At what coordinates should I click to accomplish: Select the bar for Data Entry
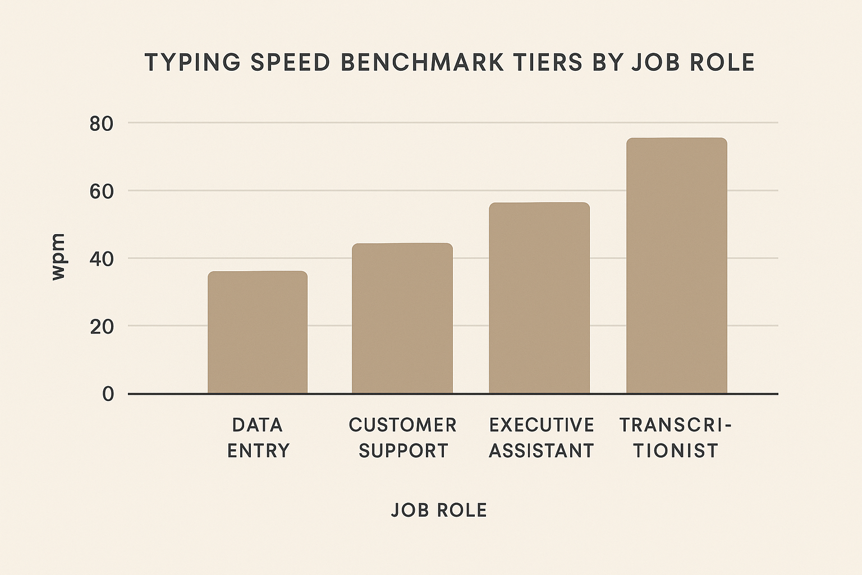pyautogui.click(x=258, y=332)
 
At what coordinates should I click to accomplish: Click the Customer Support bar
pyautogui.click(x=402, y=318)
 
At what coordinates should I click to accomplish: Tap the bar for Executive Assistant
pyautogui.click(x=539, y=298)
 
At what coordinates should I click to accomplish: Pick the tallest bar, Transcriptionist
pyautogui.click(x=676, y=266)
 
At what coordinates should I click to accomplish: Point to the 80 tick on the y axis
pyautogui.click(x=102, y=124)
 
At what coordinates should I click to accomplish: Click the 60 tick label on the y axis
pyautogui.click(x=102, y=191)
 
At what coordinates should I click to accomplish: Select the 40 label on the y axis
pyautogui.click(x=102, y=259)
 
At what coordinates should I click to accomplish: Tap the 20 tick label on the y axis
pyautogui.click(x=102, y=326)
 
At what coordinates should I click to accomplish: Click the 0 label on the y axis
pyautogui.click(x=108, y=394)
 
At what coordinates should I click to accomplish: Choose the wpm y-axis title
pyautogui.click(x=58, y=257)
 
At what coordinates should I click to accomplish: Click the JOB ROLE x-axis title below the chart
pyautogui.click(x=439, y=510)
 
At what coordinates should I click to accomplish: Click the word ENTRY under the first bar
pyautogui.click(x=258, y=450)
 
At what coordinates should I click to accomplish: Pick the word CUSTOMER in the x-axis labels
pyautogui.click(x=402, y=425)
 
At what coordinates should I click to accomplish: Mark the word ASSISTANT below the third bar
pyautogui.click(x=541, y=450)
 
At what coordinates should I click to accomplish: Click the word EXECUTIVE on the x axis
pyautogui.click(x=542, y=425)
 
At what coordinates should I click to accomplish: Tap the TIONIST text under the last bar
pyautogui.click(x=676, y=450)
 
